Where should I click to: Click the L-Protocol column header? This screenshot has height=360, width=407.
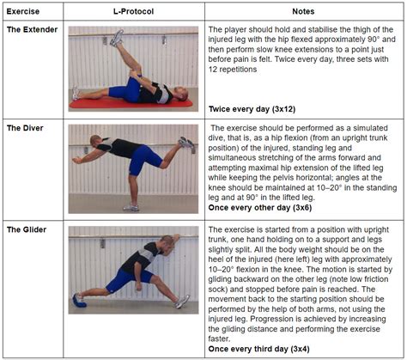pos(136,9)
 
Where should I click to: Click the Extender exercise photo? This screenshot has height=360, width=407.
pos(136,69)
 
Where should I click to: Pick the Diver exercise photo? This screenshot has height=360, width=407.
pos(136,168)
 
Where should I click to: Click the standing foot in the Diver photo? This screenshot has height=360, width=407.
pos(130,206)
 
